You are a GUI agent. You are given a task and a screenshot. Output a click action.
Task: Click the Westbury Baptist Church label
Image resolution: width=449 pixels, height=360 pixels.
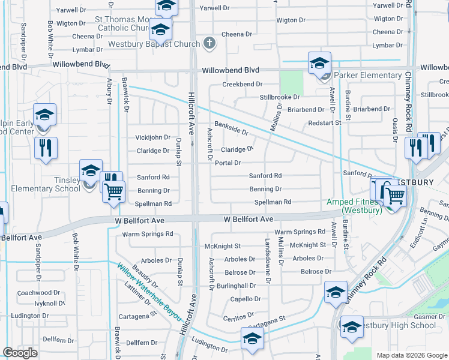(154, 44)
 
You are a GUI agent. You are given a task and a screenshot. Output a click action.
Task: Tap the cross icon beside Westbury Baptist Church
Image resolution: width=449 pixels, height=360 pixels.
(209, 43)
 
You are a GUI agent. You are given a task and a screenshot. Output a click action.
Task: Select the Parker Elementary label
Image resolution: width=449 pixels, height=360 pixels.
(367, 75)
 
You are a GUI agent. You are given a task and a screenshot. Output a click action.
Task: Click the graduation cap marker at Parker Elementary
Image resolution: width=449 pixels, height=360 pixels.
(319, 63)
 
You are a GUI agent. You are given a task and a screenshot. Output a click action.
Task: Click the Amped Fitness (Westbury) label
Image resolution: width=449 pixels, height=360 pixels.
(354, 206)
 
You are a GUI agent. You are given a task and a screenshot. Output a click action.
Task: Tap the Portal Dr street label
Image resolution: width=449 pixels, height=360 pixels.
(228, 163)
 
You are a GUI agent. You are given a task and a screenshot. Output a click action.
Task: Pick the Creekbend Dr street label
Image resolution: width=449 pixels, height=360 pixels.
(243, 85)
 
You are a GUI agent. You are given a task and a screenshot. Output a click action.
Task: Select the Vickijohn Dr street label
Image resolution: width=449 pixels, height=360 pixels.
(153, 137)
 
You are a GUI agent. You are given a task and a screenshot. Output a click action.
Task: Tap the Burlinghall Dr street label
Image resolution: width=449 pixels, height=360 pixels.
(243, 286)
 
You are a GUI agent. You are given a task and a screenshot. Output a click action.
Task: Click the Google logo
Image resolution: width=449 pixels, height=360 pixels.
(20, 353)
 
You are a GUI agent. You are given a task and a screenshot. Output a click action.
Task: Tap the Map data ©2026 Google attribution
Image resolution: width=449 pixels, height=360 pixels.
(411, 355)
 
